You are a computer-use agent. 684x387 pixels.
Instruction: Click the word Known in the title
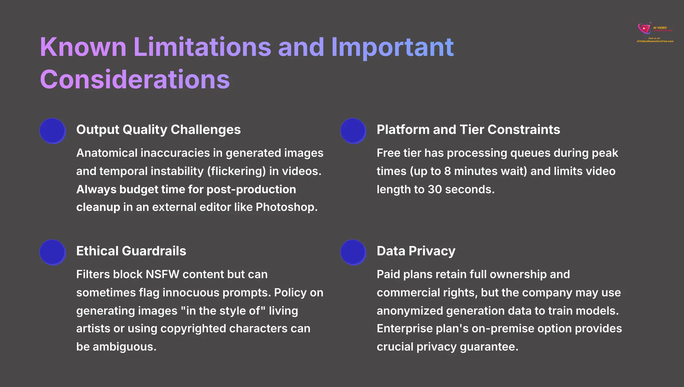[x=83, y=47]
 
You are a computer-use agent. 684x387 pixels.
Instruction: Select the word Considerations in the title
[x=135, y=80]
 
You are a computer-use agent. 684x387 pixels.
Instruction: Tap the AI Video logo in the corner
[x=655, y=32]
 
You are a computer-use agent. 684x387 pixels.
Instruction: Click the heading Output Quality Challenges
[x=158, y=130]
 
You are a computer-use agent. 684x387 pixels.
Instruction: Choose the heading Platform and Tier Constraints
[x=468, y=130]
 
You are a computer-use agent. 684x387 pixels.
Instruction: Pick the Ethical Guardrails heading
[x=131, y=251]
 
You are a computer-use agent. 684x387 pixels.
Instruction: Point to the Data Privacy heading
[x=416, y=251]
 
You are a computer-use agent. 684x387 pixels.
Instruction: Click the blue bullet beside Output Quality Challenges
[x=52, y=131]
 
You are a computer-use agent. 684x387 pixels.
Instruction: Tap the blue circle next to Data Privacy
[x=353, y=252]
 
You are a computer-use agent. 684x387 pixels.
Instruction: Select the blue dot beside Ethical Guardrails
[x=52, y=252]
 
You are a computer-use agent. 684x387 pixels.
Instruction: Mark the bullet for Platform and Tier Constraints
[x=353, y=131]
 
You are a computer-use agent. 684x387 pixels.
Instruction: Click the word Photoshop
[x=286, y=207]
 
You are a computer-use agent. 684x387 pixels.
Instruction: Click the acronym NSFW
[x=162, y=274]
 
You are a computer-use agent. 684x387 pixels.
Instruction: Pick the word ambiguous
[x=124, y=347]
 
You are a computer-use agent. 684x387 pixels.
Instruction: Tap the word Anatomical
[x=107, y=153]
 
